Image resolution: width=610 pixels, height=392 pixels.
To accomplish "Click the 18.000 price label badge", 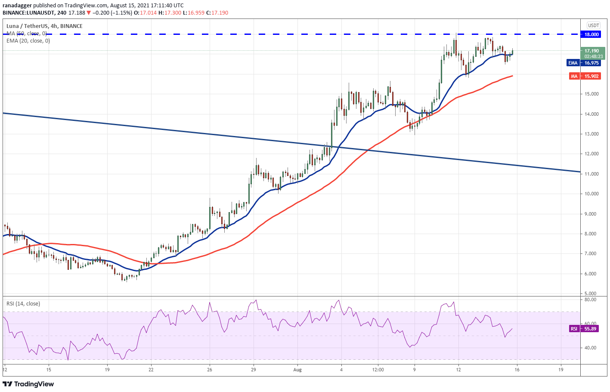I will (591, 34).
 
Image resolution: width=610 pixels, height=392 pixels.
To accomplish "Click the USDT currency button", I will (594, 25).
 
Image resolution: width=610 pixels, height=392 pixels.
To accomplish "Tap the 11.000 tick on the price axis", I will (591, 174).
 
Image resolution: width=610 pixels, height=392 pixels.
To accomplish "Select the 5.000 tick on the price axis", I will (591, 293).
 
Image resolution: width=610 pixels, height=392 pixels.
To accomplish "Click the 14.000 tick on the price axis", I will (591, 114).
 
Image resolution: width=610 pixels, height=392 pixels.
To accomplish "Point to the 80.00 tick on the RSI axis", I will (590, 299).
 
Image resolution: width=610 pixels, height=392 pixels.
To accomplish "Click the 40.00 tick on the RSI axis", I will (590, 348).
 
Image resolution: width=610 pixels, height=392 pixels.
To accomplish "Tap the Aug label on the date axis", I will (297, 370).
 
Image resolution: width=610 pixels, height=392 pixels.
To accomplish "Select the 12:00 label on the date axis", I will (378, 370).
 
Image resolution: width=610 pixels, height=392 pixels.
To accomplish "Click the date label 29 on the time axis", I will (254, 370).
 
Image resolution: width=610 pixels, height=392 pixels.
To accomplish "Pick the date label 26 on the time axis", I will (209, 370).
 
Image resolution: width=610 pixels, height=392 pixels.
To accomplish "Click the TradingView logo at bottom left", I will (28, 384).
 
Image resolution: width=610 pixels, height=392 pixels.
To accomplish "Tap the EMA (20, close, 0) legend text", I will (28, 41).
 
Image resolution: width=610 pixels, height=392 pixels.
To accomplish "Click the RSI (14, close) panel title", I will (23, 304).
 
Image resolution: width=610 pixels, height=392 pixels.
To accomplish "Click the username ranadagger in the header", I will (17, 6).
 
